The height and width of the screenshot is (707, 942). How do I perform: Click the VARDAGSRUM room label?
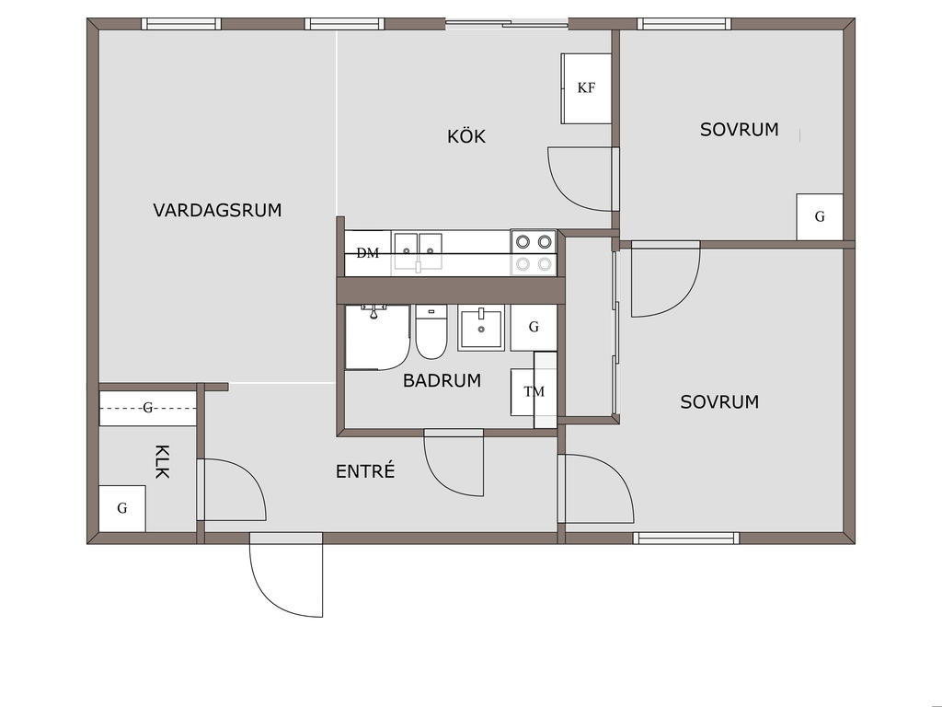[217, 211]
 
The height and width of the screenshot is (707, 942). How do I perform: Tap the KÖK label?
[466, 136]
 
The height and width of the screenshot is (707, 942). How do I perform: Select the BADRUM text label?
[442, 380]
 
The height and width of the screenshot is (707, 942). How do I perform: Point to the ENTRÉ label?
[365, 470]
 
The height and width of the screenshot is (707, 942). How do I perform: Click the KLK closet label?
[162, 462]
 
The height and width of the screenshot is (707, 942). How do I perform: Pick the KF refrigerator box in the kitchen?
[586, 88]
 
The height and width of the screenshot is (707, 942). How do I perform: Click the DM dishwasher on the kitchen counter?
[368, 253]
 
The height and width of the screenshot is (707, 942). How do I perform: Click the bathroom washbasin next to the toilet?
[481, 328]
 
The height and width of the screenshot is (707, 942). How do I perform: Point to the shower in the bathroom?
[377, 337]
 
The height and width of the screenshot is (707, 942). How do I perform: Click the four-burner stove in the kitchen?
[534, 252]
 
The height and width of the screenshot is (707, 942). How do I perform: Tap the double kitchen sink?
[419, 252]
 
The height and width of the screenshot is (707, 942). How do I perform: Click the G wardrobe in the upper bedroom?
[820, 217]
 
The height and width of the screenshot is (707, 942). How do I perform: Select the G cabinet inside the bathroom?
[534, 328]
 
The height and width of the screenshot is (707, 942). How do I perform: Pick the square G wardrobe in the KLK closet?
[122, 508]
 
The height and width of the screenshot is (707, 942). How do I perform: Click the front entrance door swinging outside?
[287, 575]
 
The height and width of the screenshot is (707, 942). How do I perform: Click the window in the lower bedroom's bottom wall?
[686, 538]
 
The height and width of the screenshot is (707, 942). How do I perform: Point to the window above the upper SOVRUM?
[684, 24]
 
